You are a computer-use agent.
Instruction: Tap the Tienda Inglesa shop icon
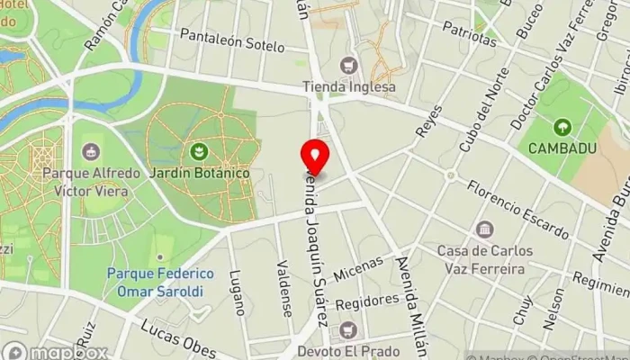tap(349, 66)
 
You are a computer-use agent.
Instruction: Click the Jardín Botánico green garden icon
tap(200, 150)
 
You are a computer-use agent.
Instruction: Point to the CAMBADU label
tap(563, 148)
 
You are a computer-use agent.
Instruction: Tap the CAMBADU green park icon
tap(563, 126)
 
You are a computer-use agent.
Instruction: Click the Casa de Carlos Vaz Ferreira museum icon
tap(485, 229)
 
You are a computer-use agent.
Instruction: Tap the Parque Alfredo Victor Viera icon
tap(90, 150)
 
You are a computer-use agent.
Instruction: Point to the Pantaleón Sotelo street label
tap(232, 40)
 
